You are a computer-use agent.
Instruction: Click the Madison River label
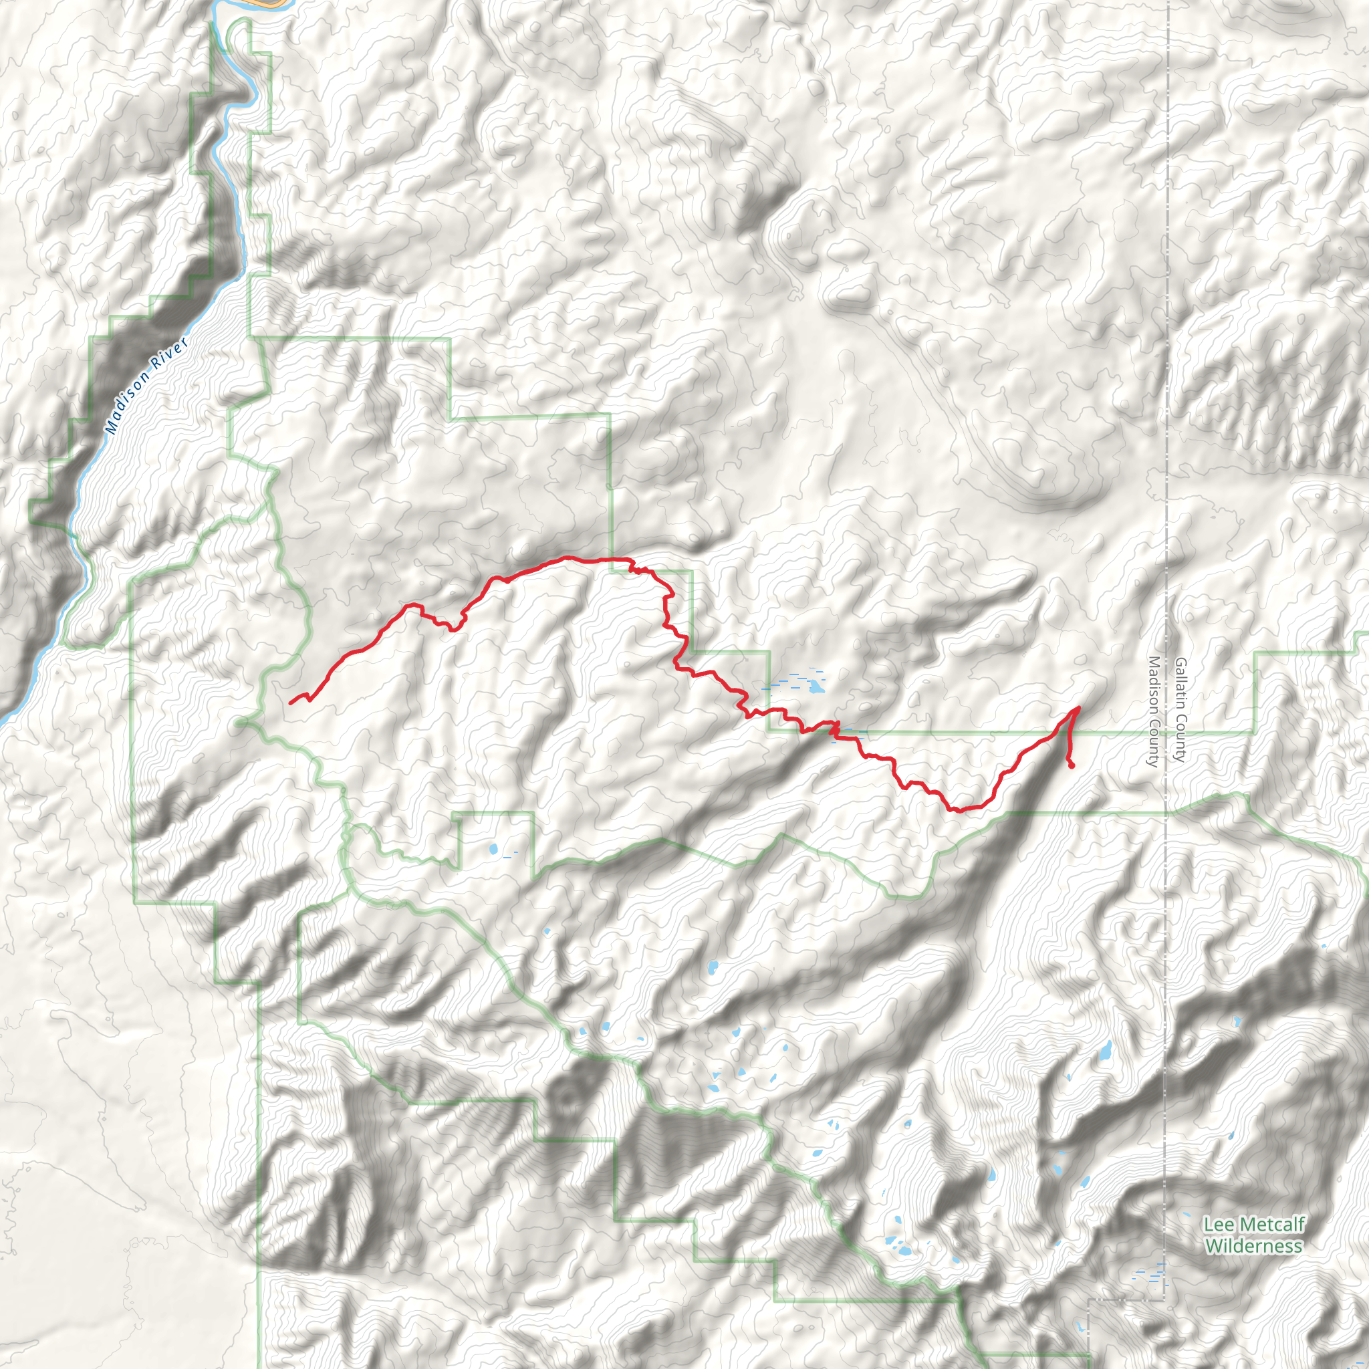(146, 386)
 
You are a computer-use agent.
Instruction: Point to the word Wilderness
(1253, 1246)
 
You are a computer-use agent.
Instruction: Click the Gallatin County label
(1180, 709)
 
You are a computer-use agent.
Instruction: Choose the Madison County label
(1153, 711)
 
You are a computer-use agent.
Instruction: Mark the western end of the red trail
(291, 703)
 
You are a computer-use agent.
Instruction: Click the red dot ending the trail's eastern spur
(1072, 765)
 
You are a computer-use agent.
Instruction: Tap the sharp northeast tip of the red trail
(1078, 707)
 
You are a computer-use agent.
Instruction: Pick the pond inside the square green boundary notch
(493, 848)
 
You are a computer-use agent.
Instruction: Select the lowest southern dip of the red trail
(957, 810)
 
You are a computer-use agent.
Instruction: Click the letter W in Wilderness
(1213, 1246)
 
